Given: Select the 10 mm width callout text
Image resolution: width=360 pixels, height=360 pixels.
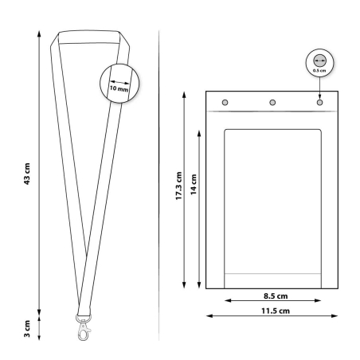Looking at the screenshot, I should coord(119,88).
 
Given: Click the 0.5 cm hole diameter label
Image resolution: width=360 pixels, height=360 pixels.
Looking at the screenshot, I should coord(319,71).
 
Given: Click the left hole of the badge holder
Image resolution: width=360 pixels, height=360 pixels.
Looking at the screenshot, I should coord(225,103).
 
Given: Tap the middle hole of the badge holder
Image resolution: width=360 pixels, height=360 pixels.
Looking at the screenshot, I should coord(272,103).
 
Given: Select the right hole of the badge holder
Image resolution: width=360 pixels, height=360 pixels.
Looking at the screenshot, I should coord(319,103).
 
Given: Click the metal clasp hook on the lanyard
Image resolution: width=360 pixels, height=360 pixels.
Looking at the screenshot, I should coord(83,328).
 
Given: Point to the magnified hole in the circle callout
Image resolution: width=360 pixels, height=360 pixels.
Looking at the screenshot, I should coord(319,60).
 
